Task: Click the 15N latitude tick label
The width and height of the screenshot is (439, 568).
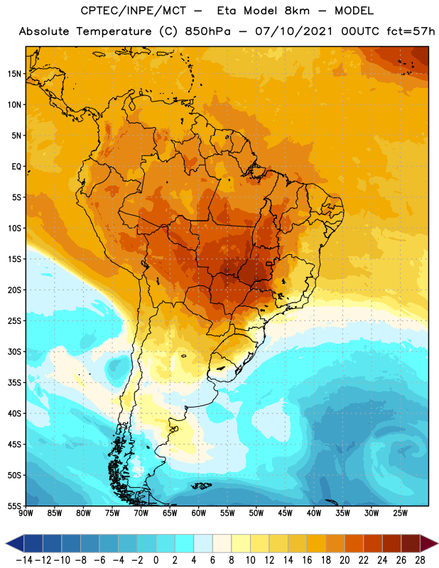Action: click(x=14, y=74)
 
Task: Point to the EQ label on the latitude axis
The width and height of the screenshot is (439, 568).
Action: click(x=16, y=167)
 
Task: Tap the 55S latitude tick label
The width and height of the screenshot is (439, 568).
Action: click(x=14, y=506)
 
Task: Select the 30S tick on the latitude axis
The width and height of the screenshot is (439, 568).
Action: click(x=14, y=351)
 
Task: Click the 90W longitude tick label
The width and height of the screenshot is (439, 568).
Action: click(x=26, y=513)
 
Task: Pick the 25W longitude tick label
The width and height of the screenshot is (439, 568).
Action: click(x=400, y=513)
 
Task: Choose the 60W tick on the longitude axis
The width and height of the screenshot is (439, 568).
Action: click(x=199, y=513)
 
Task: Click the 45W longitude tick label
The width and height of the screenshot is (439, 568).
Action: click(x=286, y=513)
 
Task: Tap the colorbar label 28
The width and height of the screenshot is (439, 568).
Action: click(x=420, y=560)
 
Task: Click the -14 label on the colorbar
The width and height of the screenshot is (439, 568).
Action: click(x=24, y=560)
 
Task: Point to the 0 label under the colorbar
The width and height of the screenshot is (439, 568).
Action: click(x=156, y=560)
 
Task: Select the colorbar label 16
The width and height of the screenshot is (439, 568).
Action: click(x=307, y=560)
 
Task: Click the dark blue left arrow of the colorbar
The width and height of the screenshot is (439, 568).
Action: click(x=15, y=543)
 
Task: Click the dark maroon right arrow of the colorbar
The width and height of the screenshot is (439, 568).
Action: click(x=430, y=543)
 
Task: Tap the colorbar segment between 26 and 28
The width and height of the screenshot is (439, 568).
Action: click(x=411, y=543)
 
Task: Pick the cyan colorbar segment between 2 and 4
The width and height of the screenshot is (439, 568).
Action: click(x=185, y=543)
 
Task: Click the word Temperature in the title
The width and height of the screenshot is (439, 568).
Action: click(x=114, y=31)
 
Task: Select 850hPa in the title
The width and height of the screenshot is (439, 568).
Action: click(x=207, y=31)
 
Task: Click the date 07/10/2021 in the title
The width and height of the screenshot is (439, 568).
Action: click(x=293, y=31)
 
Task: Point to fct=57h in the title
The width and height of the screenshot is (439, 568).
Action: click(x=411, y=31)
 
